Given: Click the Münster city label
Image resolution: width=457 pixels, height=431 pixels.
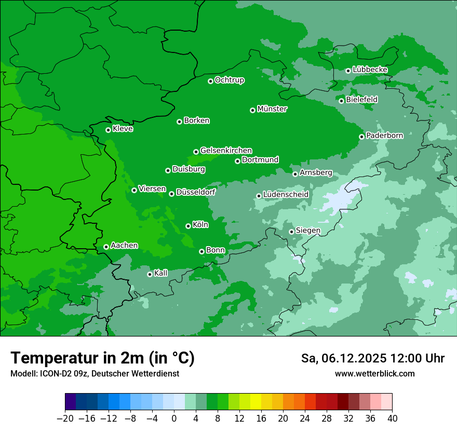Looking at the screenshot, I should [x=272, y=109].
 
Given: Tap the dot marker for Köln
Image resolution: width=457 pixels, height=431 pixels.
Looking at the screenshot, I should [x=188, y=226].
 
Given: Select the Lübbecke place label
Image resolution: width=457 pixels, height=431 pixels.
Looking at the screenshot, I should [x=370, y=70].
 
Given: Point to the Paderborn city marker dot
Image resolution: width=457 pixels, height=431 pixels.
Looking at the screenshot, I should [x=361, y=137].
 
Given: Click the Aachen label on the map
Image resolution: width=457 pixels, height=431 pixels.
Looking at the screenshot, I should [x=124, y=246].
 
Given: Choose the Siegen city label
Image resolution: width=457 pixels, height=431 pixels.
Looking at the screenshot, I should [x=308, y=231].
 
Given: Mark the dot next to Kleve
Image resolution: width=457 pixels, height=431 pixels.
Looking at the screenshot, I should [x=108, y=130].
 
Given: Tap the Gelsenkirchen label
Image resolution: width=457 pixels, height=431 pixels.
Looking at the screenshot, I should [x=226, y=151].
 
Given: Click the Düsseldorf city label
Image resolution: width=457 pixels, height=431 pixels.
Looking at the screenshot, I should [x=196, y=192].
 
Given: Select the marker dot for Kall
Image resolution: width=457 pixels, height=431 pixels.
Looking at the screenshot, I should [x=150, y=274].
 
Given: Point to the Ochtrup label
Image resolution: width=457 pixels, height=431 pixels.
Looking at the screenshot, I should [x=230, y=80].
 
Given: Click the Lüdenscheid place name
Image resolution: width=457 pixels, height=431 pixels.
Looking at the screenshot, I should [x=286, y=195].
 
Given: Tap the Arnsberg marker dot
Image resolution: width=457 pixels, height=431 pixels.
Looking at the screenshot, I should [x=295, y=174].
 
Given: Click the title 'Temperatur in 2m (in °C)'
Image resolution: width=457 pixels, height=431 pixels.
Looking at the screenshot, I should [x=102, y=358].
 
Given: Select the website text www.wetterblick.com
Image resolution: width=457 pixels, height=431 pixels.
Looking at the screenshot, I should [x=374, y=373].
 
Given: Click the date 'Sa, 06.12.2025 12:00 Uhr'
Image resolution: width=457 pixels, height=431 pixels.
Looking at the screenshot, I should [x=372, y=358].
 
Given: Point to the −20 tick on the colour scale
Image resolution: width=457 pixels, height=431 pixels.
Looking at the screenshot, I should [x=65, y=419].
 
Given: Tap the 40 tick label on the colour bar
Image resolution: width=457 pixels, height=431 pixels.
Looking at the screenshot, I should [x=392, y=419].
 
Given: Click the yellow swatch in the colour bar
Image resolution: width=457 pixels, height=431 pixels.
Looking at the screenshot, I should [x=256, y=402].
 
